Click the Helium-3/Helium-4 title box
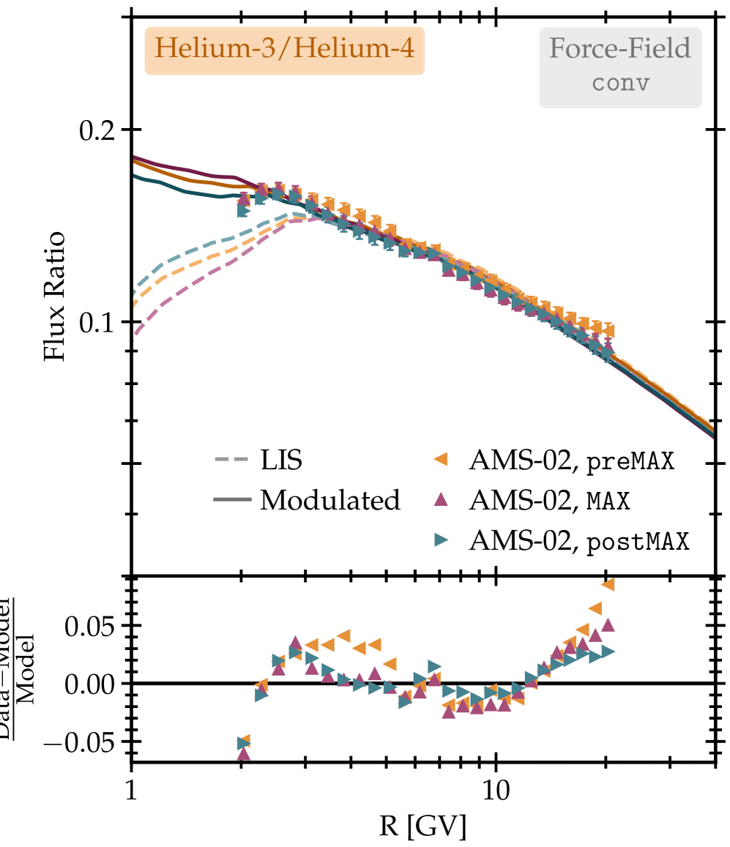(x=284, y=51)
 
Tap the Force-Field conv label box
(x=620, y=67)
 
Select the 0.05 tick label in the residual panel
(x=92, y=626)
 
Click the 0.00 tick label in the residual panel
(x=92, y=684)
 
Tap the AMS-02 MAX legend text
(x=550, y=501)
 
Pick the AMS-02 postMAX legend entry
(x=579, y=541)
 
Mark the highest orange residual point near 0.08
(x=608, y=584)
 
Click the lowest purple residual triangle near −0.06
(x=244, y=753)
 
